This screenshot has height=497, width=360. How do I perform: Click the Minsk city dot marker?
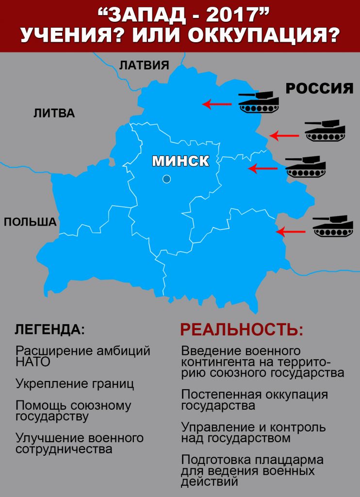pos(167,179)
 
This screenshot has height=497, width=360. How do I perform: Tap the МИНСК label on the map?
pos(180,161)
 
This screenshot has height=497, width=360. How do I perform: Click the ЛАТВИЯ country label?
pos(144,66)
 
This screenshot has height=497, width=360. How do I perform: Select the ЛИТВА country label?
pos(54,114)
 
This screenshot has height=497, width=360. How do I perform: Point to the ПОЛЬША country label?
pos(30,222)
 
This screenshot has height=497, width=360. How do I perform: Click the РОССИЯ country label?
pos(319,88)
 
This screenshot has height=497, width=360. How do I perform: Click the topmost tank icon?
pos(259,102)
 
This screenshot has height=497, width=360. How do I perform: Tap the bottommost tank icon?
pos(332,226)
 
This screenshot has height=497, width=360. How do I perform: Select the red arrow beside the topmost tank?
pos(217,104)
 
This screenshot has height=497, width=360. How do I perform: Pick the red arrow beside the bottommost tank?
pos(290,232)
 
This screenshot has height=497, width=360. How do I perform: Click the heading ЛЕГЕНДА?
pos(49,330)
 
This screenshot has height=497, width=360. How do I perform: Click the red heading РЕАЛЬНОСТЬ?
pos(242,330)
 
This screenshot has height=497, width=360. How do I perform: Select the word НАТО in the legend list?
pos(33,362)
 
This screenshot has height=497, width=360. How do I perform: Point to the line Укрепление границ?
pos(75,384)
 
